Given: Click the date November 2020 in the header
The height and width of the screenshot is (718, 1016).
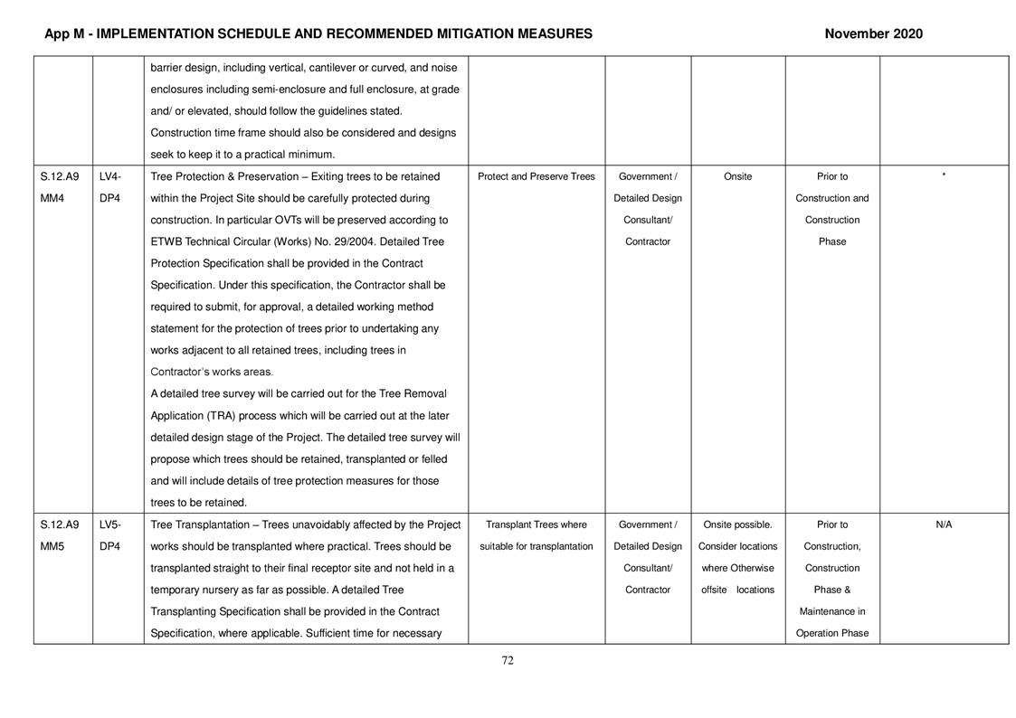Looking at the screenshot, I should pyautogui.click(x=873, y=33).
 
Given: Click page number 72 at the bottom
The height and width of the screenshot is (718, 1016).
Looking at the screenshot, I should pyautogui.click(x=508, y=660).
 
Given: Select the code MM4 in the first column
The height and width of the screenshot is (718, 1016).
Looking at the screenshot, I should pyautogui.click(x=52, y=198).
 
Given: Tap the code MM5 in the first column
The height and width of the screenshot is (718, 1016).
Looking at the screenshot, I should pyautogui.click(x=52, y=546).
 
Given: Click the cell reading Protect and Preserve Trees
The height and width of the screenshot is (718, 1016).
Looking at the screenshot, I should pyautogui.click(x=536, y=176).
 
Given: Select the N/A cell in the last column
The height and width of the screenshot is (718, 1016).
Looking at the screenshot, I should pyautogui.click(x=943, y=524).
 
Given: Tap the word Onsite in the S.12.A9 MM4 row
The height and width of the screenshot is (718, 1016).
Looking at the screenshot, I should pyautogui.click(x=737, y=176).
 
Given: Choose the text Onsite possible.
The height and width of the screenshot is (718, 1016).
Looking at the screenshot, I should pyautogui.click(x=737, y=524).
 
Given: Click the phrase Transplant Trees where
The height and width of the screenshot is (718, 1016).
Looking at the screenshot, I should pyautogui.click(x=536, y=524).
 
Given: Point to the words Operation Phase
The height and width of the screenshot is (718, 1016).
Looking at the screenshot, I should pyautogui.click(x=831, y=633).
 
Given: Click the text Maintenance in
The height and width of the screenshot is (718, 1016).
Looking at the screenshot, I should pyautogui.click(x=831, y=611).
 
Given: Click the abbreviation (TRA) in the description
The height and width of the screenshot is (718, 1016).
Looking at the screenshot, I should pyautogui.click(x=230, y=416).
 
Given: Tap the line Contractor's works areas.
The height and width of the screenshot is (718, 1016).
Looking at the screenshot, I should pyautogui.click(x=211, y=372).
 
